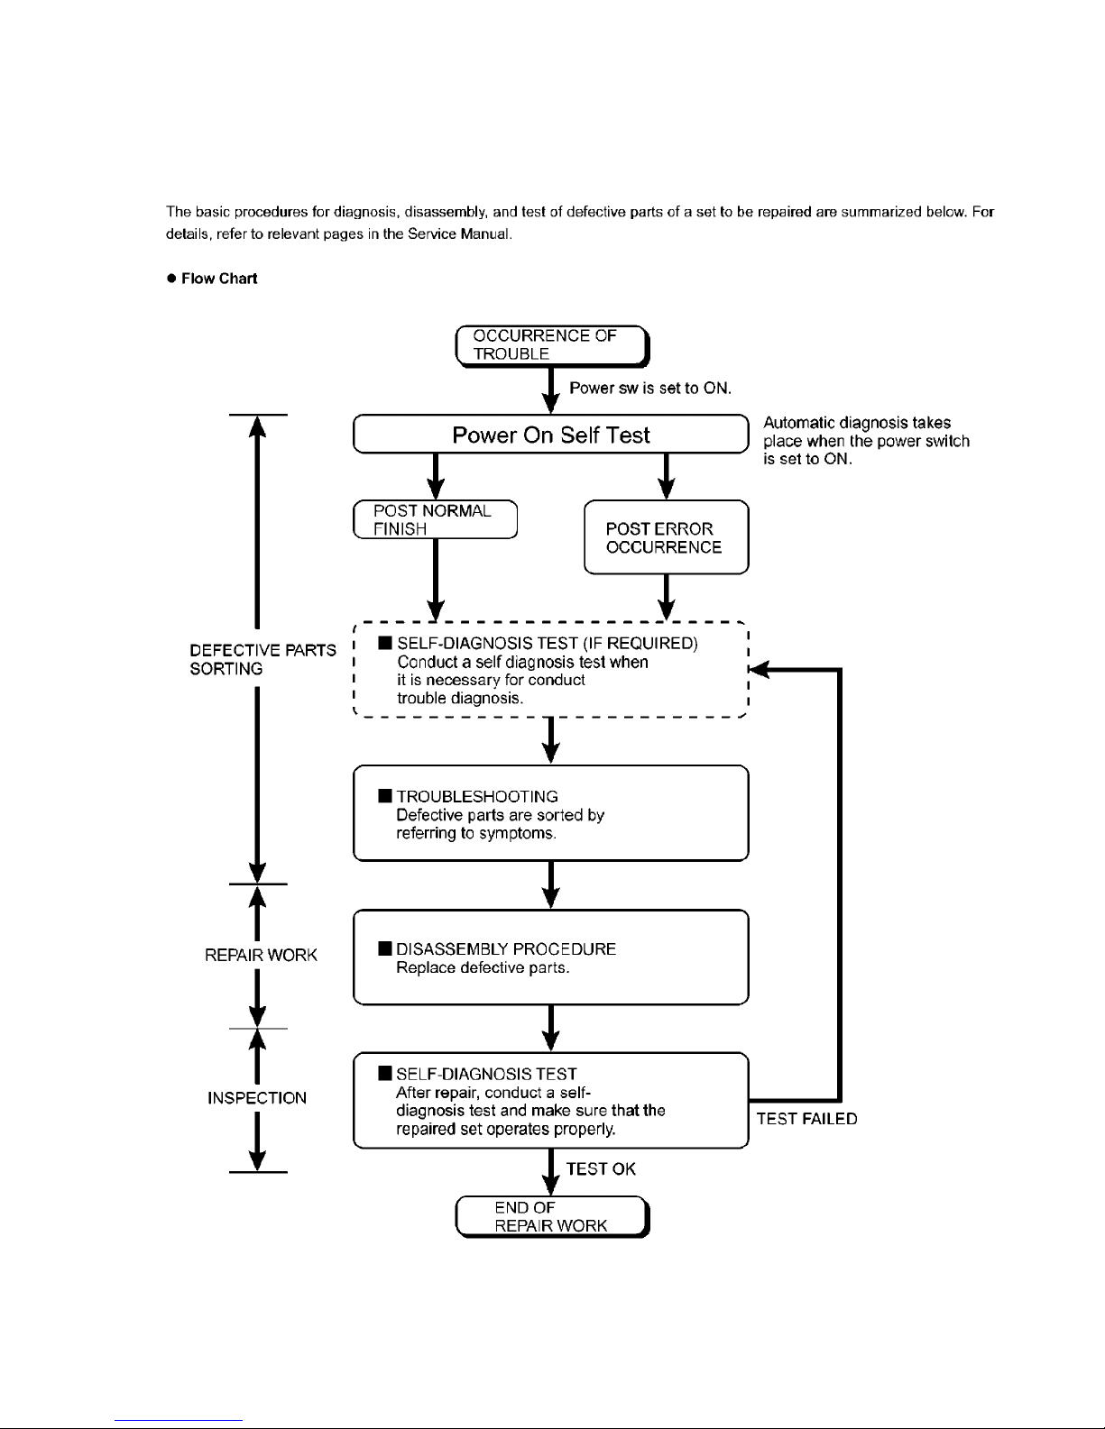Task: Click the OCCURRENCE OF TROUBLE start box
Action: coord(552,346)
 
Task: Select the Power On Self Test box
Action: coord(551,434)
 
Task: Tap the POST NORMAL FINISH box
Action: coord(436,519)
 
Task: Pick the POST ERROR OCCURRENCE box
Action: coord(667,537)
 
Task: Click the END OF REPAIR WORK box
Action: coord(552,1216)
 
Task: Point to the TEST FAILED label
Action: coord(807,1119)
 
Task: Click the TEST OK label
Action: coord(601,1169)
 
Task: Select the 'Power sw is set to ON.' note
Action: coord(650,388)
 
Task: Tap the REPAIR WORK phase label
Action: coord(261,955)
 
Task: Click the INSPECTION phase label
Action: coord(257,1097)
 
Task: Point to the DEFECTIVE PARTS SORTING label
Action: coord(263,659)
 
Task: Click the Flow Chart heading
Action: coord(219,279)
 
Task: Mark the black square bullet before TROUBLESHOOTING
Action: coord(385,796)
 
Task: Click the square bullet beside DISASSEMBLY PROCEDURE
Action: coord(385,948)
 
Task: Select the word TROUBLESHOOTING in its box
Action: coord(477,796)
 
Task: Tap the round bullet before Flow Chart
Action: coord(171,279)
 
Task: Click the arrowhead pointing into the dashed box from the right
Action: coord(759,670)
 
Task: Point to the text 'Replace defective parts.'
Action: coord(483,967)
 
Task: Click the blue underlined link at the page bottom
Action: coord(179,1421)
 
